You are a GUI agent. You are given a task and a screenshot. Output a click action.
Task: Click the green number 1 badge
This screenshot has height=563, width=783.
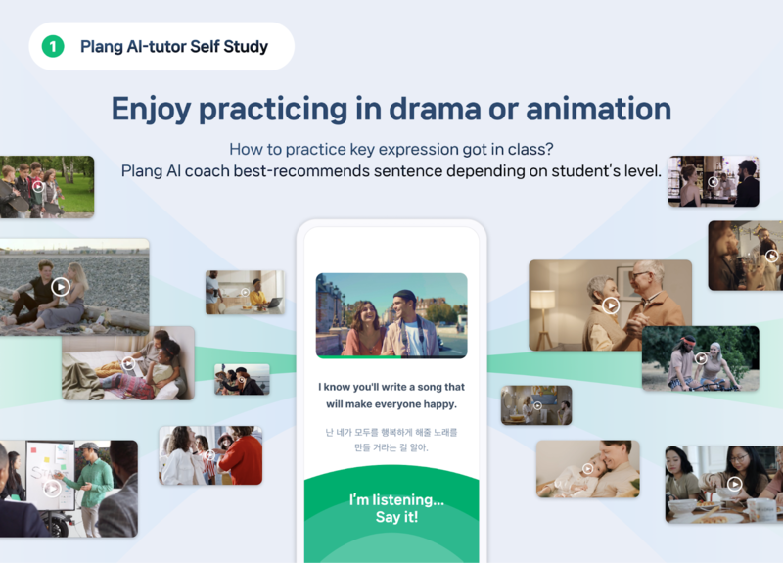(53, 46)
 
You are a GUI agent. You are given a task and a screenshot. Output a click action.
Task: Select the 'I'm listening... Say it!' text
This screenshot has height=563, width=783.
(396, 508)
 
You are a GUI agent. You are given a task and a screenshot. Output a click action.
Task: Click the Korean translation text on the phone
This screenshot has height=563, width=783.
(391, 440)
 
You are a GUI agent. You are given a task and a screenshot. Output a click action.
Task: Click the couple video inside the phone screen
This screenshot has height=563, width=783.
(391, 315)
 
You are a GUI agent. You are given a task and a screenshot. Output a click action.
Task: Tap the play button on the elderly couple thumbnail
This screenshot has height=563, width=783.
(612, 305)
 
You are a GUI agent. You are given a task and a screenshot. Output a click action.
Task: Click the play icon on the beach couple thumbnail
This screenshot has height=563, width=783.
(61, 287)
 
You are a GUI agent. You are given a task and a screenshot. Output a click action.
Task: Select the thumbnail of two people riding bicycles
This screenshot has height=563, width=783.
(700, 358)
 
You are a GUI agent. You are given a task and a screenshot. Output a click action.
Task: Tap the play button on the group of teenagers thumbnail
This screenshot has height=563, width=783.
(38, 186)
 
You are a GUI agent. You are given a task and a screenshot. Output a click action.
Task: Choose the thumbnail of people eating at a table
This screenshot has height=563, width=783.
(724, 484)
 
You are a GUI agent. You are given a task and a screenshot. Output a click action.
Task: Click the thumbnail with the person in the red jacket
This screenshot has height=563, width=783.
(210, 455)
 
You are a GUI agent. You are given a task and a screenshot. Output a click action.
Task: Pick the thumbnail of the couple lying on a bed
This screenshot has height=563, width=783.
(128, 363)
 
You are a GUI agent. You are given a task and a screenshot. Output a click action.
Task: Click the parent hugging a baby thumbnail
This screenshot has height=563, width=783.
(587, 468)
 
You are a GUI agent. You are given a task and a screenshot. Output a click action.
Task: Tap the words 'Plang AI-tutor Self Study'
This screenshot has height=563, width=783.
(174, 46)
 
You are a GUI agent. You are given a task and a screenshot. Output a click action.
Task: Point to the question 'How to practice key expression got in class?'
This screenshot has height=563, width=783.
(391, 149)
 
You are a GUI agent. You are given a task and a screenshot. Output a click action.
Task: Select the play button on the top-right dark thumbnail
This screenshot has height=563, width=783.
(714, 181)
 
